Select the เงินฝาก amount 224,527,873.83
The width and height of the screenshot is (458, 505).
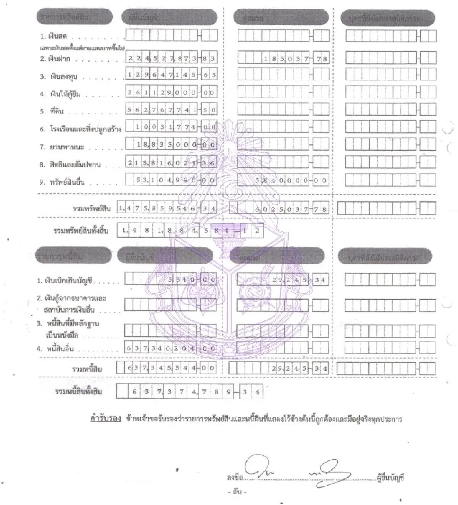click(x=171, y=58)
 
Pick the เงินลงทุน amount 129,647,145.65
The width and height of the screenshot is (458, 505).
click(x=171, y=75)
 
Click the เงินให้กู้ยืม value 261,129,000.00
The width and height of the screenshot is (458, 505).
click(x=171, y=92)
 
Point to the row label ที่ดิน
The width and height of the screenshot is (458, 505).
click(x=57, y=112)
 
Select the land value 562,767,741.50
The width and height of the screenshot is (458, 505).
click(x=171, y=110)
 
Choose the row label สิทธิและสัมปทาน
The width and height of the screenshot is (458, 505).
click(x=75, y=165)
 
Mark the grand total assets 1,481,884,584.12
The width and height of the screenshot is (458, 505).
click(x=190, y=231)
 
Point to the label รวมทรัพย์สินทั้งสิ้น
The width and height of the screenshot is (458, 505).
click(x=81, y=231)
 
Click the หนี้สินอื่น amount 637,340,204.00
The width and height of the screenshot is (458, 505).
click(x=171, y=348)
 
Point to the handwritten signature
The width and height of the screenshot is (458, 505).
click(x=298, y=471)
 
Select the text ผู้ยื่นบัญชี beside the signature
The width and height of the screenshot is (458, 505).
click(x=390, y=477)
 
